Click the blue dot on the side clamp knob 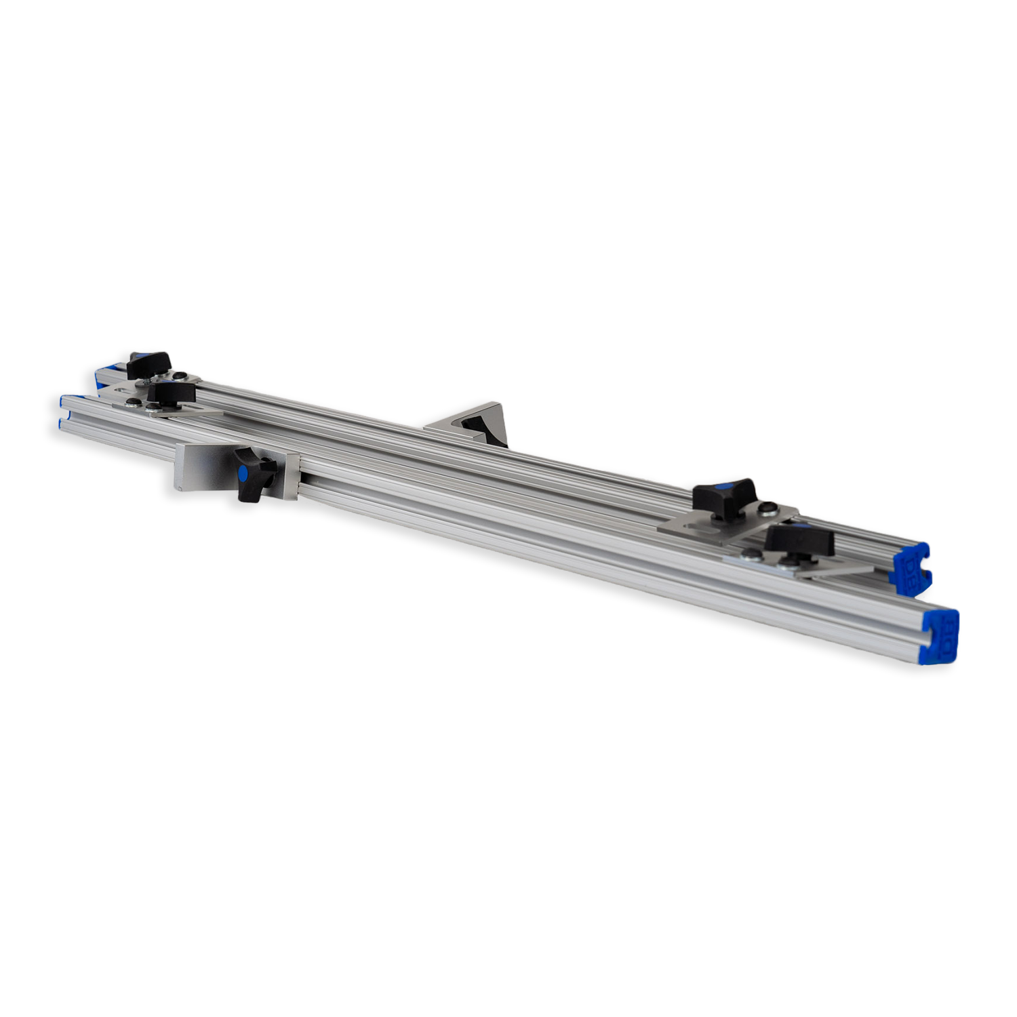[x=241, y=472]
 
